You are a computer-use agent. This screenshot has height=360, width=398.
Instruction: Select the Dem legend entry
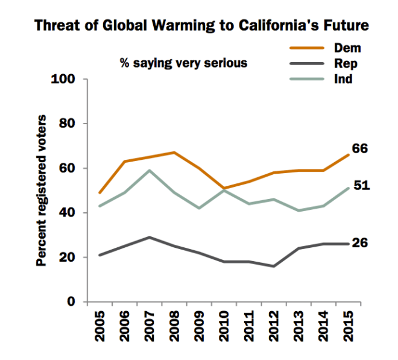click(x=347, y=48)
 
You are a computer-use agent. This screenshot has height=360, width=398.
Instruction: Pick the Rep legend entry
click(x=347, y=63)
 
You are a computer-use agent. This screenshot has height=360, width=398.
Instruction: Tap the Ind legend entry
click(x=344, y=78)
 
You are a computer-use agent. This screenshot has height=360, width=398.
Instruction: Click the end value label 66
click(x=361, y=149)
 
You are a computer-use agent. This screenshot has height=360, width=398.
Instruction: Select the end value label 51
click(x=361, y=185)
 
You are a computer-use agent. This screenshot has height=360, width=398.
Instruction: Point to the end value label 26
click(x=361, y=243)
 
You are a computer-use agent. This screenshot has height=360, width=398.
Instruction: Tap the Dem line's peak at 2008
click(x=174, y=153)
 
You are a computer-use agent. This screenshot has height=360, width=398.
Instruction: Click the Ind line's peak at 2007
click(x=149, y=171)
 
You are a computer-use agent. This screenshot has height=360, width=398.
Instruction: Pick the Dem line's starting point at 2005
click(x=99, y=193)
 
